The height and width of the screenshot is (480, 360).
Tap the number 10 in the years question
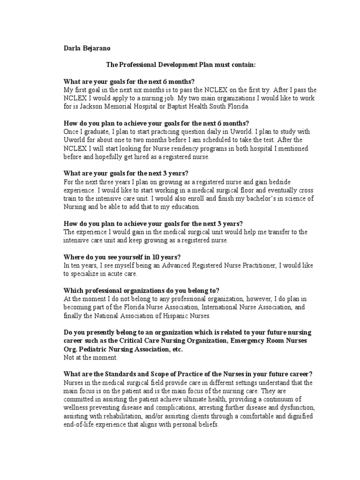point(141,257)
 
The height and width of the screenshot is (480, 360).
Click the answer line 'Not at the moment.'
point(91,358)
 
